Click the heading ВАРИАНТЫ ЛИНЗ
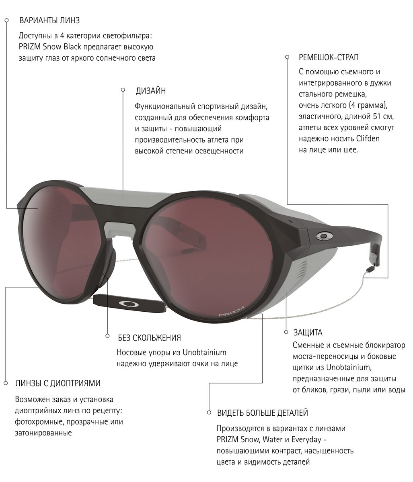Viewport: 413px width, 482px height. click(x=52, y=20)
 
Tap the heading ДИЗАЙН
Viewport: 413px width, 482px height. click(x=151, y=91)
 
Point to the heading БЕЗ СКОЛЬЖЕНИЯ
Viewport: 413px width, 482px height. click(x=149, y=337)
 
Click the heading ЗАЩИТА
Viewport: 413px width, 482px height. click(x=308, y=333)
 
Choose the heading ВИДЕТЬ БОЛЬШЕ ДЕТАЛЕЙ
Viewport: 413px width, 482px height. click(x=263, y=413)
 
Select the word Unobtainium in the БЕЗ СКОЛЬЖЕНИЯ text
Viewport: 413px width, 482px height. click(x=204, y=353)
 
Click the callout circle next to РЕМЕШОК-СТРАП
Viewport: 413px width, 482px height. click(x=287, y=57)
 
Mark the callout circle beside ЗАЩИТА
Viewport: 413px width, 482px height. click(x=286, y=332)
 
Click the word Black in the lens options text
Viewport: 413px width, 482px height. click(x=73, y=47)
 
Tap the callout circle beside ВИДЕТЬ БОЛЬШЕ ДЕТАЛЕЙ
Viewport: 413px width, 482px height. click(x=209, y=413)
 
